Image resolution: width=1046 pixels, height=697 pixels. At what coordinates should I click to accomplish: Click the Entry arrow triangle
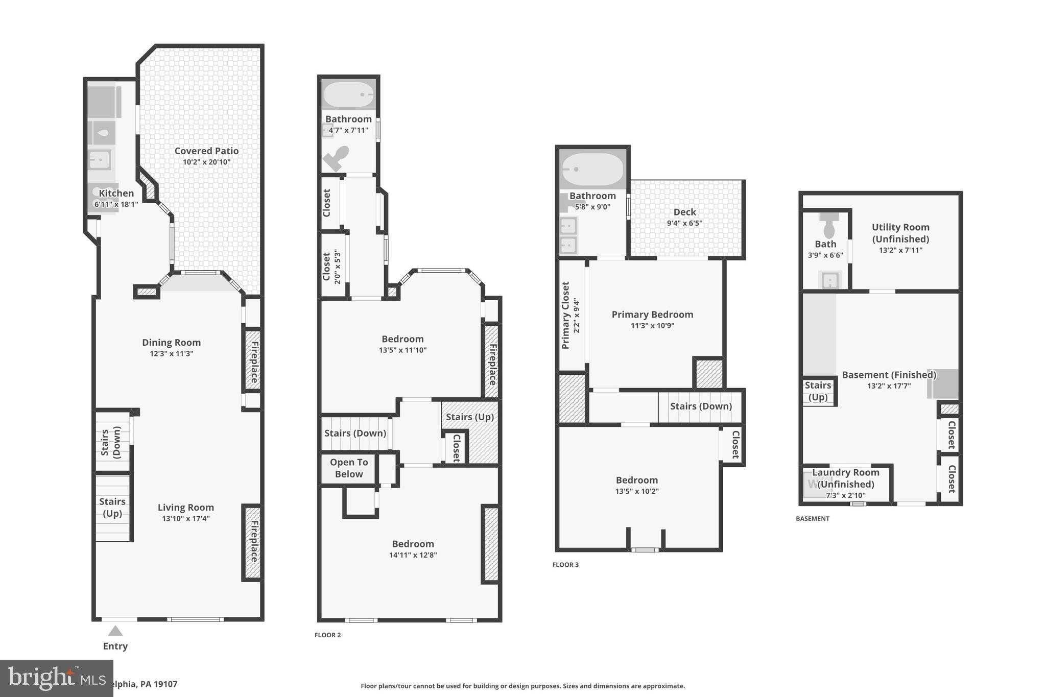click(115, 631)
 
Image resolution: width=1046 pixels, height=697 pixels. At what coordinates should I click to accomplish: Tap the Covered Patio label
click(206, 151)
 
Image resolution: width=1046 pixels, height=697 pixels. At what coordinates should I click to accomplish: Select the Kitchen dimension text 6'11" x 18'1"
click(116, 204)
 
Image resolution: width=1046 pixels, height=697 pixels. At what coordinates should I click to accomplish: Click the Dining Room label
click(171, 343)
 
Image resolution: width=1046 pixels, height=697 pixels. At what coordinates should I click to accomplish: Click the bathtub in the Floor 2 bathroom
click(349, 94)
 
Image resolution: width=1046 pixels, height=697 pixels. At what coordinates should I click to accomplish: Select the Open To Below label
click(349, 468)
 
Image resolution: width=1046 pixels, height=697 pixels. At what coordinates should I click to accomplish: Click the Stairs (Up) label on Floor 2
click(469, 417)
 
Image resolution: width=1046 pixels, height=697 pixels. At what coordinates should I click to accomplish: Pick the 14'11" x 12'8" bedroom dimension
click(413, 555)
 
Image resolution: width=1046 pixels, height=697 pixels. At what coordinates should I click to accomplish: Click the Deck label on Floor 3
click(684, 212)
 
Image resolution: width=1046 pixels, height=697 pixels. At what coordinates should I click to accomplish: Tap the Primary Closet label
click(565, 315)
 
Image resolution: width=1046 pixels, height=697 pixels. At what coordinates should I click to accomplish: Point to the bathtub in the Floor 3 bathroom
click(592, 169)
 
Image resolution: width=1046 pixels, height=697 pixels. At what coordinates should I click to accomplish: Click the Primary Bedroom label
click(652, 315)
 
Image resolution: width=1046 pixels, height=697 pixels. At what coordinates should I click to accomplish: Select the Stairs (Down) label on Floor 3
click(701, 406)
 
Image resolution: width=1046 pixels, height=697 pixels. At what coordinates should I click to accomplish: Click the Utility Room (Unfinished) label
click(900, 233)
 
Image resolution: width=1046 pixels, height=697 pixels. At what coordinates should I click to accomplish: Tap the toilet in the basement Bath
click(829, 225)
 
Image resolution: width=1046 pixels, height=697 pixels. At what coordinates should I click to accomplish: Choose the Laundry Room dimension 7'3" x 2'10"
click(845, 495)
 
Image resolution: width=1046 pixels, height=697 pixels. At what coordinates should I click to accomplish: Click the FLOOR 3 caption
click(565, 565)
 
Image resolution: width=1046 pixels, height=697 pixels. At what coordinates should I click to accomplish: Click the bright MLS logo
click(56, 678)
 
